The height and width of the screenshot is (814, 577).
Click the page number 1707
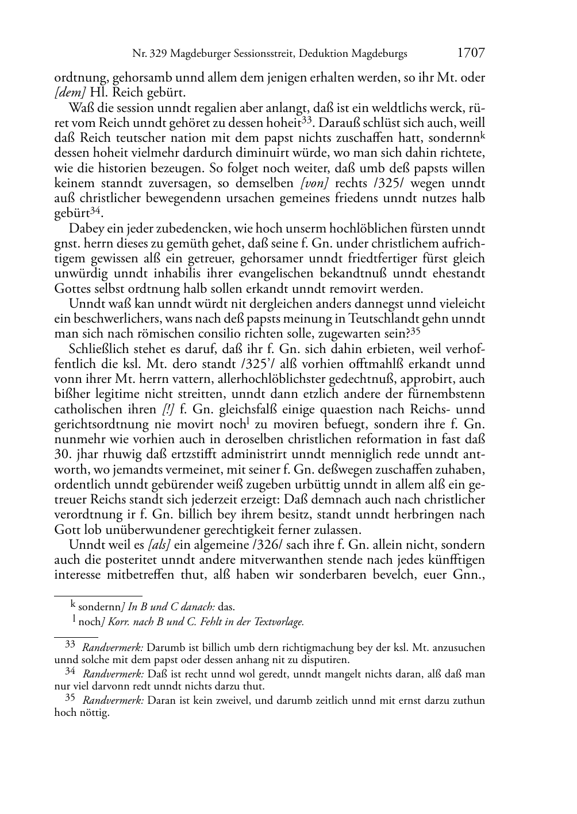click(471, 53)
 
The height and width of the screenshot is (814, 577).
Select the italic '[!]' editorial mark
click(169, 409)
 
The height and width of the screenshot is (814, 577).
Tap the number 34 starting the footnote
click(70, 670)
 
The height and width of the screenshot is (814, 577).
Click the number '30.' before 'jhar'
click(64, 454)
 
